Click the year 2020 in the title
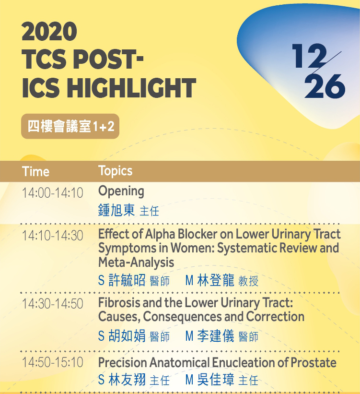(x=49, y=31)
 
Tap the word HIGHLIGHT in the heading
(x=131, y=88)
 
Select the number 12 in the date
(x=309, y=56)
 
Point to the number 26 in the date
(x=325, y=86)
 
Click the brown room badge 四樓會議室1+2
(x=70, y=126)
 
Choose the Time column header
(x=35, y=172)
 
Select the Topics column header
(x=115, y=171)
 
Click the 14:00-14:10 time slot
(x=52, y=193)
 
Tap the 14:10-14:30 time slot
(x=52, y=236)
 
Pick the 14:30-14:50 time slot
(x=52, y=304)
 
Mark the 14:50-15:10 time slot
(x=52, y=362)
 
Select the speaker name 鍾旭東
(x=116, y=210)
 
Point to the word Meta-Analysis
(x=136, y=263)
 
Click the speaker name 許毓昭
(x=127, y=280)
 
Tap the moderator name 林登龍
(x=216, y=280)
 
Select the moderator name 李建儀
(x=216, y=336)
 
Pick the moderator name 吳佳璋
(x=216, y=380)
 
